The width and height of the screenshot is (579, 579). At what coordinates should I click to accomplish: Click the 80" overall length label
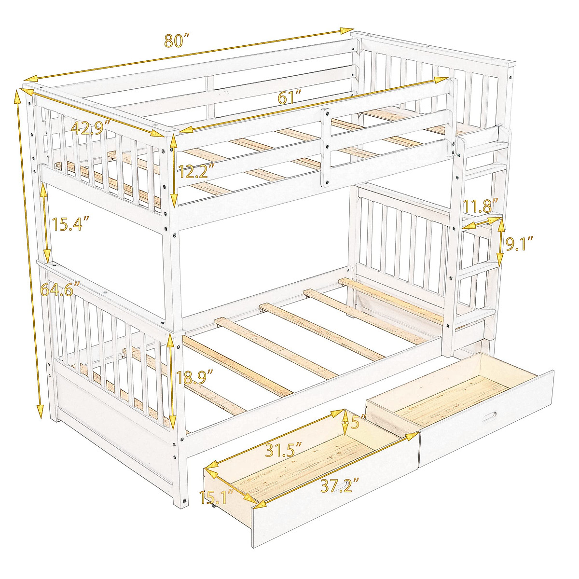pyautogui.click(x=175, y=41)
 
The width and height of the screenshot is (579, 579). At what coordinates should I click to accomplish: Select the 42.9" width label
pyautogui.click(x=91, y=127)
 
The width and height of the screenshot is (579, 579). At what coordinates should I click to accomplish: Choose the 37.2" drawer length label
pyautogui.click(x=341, y=485)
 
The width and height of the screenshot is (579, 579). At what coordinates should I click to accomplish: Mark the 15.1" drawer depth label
pyautogui.click(x=217, y=497)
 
